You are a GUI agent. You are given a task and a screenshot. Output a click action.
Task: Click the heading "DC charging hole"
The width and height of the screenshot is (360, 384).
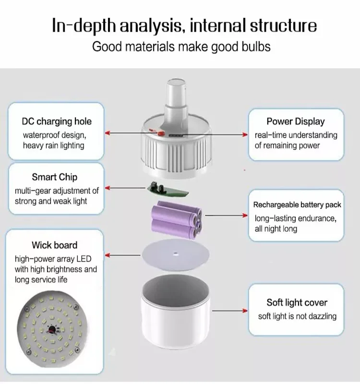pos(57,121)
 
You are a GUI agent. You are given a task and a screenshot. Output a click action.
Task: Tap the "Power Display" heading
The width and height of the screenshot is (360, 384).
pos(296,121)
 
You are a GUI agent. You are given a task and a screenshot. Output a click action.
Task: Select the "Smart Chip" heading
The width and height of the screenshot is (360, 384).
pos(55,177)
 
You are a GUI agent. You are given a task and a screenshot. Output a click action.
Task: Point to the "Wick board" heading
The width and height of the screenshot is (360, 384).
pos(55,245)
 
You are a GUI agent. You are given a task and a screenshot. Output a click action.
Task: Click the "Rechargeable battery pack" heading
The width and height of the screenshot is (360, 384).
pos(297,205)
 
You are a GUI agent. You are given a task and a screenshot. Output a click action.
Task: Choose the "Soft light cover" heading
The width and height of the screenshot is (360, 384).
pos(297,302)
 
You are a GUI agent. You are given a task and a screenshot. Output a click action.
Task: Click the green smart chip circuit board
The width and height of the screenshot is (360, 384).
pos(168,190)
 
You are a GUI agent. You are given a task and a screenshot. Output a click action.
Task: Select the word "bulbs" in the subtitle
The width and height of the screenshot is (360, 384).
pos(254,47)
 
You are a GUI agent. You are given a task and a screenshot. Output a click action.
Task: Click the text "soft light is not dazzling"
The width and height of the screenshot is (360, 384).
pos(297,316)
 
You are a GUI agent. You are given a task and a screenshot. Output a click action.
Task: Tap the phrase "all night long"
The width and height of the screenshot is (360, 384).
pos(276,228)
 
